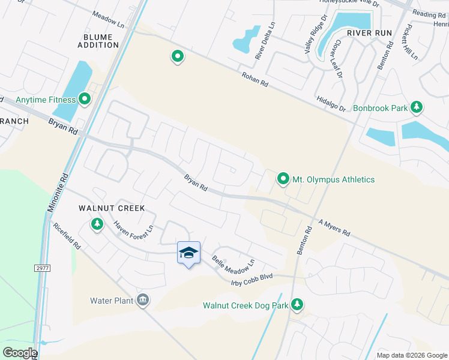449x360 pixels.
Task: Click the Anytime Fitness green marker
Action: pyautogui.click(x=85, y=99)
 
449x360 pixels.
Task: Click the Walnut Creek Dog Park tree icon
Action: pyautogui.click(x=297, y=305)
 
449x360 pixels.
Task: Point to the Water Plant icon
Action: pyautogui.click(x=143, y=300)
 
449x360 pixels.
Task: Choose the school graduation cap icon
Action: pyautogui.click(x=188, y=253)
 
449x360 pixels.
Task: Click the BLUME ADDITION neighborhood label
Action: pyautogui.click(x=97, y=41)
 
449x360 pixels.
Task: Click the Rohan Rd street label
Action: pyautogui.click(x=255, y=79)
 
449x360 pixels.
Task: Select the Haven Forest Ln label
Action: pyautogui.click(x=134, y=226)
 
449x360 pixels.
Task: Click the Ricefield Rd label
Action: pyautogui.click(x=67, y=236)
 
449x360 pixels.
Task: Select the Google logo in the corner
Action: pyautogui.click(x=19, y=353)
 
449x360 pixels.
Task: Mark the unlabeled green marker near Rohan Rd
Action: pyautogui.click(x=178, y=57)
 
